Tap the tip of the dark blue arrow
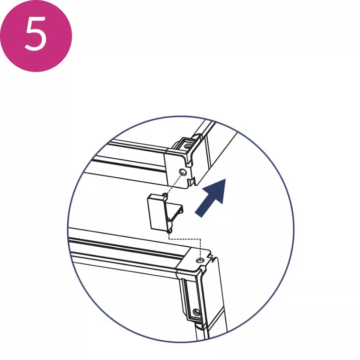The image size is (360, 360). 226,179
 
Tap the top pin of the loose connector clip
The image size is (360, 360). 164,195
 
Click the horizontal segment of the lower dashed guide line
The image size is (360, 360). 185,238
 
